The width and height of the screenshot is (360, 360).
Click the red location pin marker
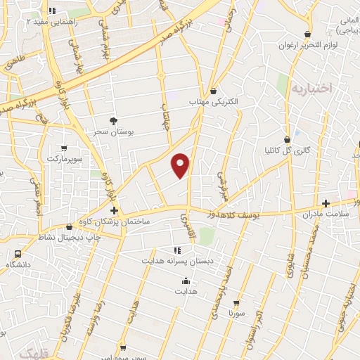click(181, 165)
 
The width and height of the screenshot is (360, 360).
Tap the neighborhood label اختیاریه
click(310, 89)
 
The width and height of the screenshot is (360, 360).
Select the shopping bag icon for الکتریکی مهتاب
click(214, 91)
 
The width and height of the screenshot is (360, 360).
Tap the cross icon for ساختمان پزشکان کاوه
click(114, 211)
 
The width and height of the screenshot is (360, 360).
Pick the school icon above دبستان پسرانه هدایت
click(176, 250)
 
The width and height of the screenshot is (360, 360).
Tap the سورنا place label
click(236, 313)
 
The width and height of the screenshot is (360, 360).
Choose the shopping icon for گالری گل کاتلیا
click(286, 140)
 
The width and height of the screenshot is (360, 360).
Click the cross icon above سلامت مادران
click(325, 202)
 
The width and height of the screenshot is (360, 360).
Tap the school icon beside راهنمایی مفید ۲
click(53, 11)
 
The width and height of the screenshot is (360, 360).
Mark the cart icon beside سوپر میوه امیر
click(124, 348)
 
